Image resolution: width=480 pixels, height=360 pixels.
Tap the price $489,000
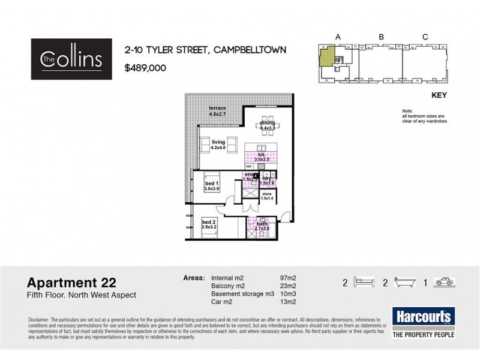point(144,68)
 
